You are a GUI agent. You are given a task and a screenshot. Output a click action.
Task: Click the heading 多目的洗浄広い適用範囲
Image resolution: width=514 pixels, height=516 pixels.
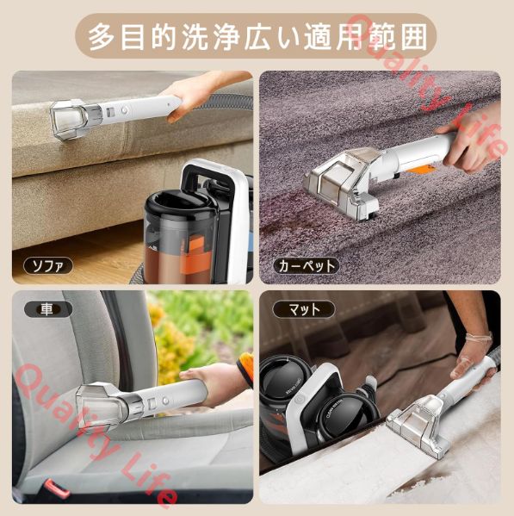(257, 37)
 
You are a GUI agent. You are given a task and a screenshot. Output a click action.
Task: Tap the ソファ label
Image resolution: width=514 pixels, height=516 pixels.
(48, 266)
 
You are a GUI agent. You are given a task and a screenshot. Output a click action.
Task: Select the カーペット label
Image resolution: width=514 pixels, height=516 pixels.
(306, 266)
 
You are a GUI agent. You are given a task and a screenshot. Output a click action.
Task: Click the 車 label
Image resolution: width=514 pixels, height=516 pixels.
(46, 309)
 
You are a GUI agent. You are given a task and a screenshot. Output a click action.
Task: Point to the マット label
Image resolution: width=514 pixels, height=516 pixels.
(304, 309)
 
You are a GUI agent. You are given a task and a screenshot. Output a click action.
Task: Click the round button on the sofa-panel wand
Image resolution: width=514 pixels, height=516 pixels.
(124, 110)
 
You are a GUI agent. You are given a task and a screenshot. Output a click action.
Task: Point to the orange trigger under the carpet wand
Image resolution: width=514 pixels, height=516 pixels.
(425, 171)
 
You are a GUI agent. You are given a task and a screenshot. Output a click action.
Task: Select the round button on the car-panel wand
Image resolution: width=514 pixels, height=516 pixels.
(166, 401)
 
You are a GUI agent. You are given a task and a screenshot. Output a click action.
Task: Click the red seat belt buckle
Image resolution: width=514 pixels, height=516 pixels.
(57, 488)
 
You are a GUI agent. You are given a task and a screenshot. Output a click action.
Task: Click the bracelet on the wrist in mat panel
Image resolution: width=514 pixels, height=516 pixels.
(480, 338)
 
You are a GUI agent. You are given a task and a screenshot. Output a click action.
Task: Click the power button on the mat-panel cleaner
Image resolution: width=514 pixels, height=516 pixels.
(299, 399)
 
